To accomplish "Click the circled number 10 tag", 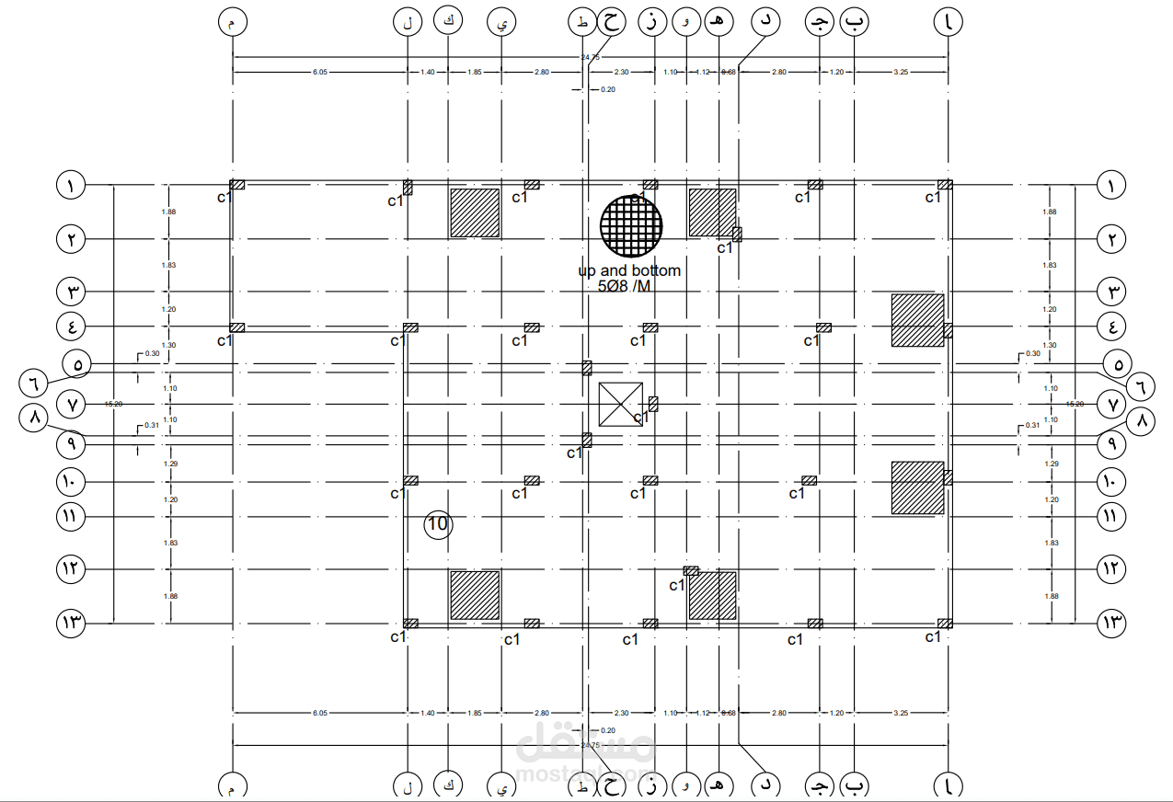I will coord(438,524).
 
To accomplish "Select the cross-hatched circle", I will coord(631,225).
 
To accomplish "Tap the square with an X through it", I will coord(620,404).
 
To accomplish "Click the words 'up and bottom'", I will coord(629,270).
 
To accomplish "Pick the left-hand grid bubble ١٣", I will coord(71,623).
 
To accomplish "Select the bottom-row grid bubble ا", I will coord(948,786).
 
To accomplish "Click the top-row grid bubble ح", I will coord(611,22).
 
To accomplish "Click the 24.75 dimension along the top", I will coord(590,57).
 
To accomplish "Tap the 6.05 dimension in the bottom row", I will coord(320,713).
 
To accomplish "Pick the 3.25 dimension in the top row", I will coord(901,71).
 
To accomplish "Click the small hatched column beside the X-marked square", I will coord(653,403).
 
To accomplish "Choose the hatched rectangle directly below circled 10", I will coord(475,594).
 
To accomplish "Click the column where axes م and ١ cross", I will coord(236,185).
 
